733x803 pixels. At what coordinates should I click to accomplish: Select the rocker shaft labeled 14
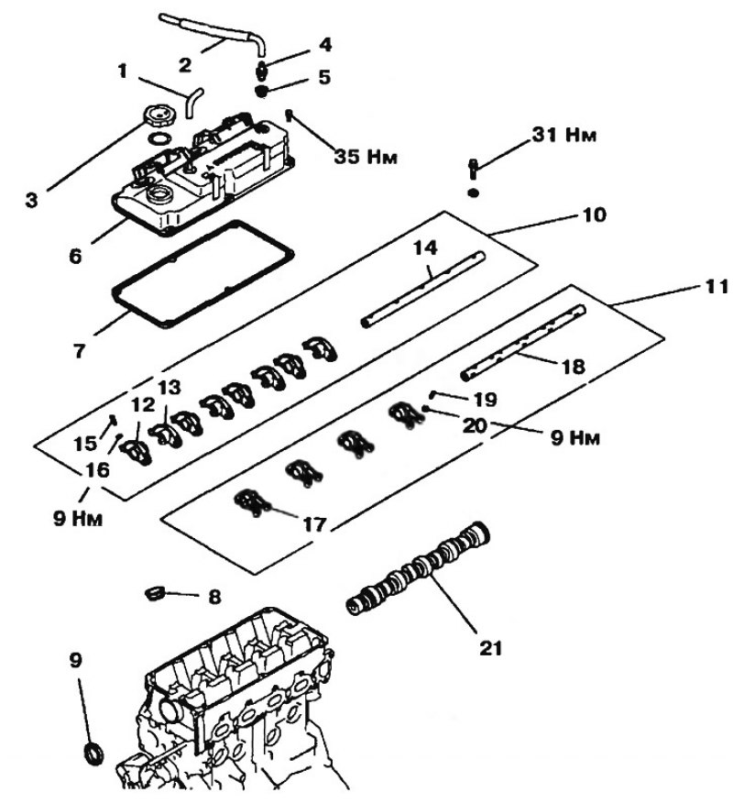tap(422, 289)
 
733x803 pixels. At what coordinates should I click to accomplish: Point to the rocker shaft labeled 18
tap(522, 343)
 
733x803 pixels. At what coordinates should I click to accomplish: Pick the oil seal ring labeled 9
tap(93, 753)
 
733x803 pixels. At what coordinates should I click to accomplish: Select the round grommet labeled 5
tap(262, 93)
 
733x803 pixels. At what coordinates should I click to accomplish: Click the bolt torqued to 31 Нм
tap(474, 169)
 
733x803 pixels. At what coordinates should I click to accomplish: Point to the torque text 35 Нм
tap(366, 156)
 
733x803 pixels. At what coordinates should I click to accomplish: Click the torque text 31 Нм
tap(564, 135)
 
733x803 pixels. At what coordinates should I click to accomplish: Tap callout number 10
tap(595, 214)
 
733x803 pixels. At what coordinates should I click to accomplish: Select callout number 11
tap(717, 287)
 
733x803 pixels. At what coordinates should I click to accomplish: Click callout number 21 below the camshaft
tap(490, 648)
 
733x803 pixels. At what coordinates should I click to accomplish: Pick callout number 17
tap(314, 524)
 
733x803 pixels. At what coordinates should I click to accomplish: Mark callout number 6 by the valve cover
tap(75, 256)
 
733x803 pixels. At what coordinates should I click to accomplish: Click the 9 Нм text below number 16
tap(78, 519)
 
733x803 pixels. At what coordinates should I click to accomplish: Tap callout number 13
tap(170, 388)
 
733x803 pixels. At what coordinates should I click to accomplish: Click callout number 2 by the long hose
tap(185, 64)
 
